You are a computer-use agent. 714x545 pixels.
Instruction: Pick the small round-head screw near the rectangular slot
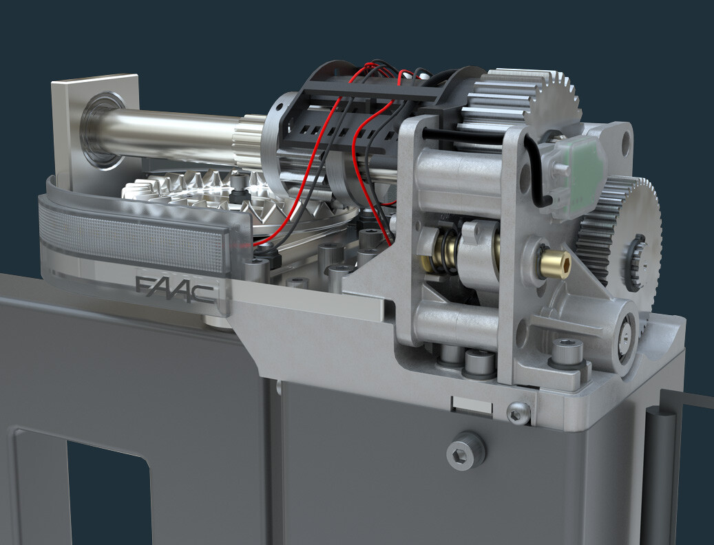518,412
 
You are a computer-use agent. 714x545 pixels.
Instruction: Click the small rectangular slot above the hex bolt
472,405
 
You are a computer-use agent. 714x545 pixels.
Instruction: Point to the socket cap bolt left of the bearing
567,354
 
